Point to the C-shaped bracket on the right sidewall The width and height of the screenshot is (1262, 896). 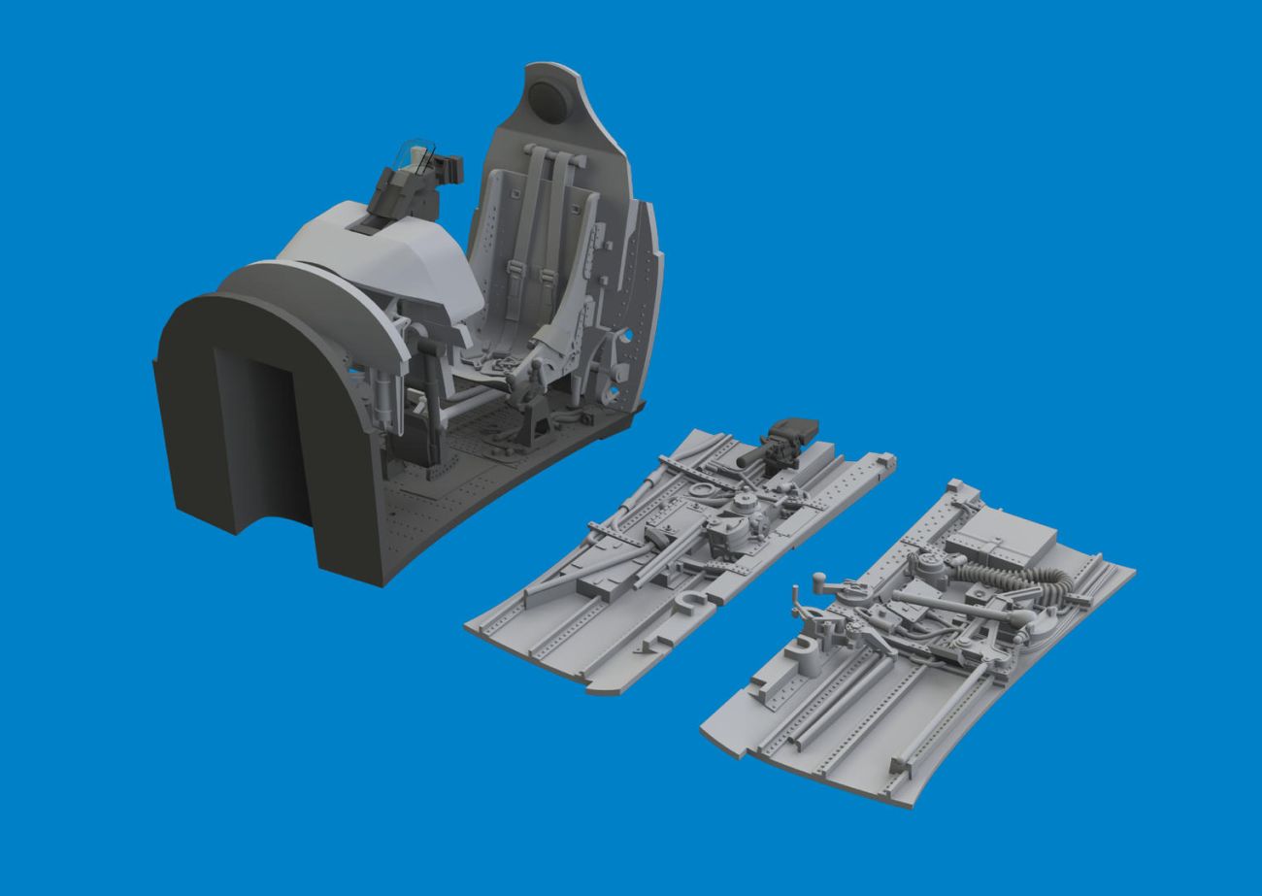pyautogui.click(x=809, y=648)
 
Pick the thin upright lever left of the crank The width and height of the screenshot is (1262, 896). pyautogui.click(x=799, y=602)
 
